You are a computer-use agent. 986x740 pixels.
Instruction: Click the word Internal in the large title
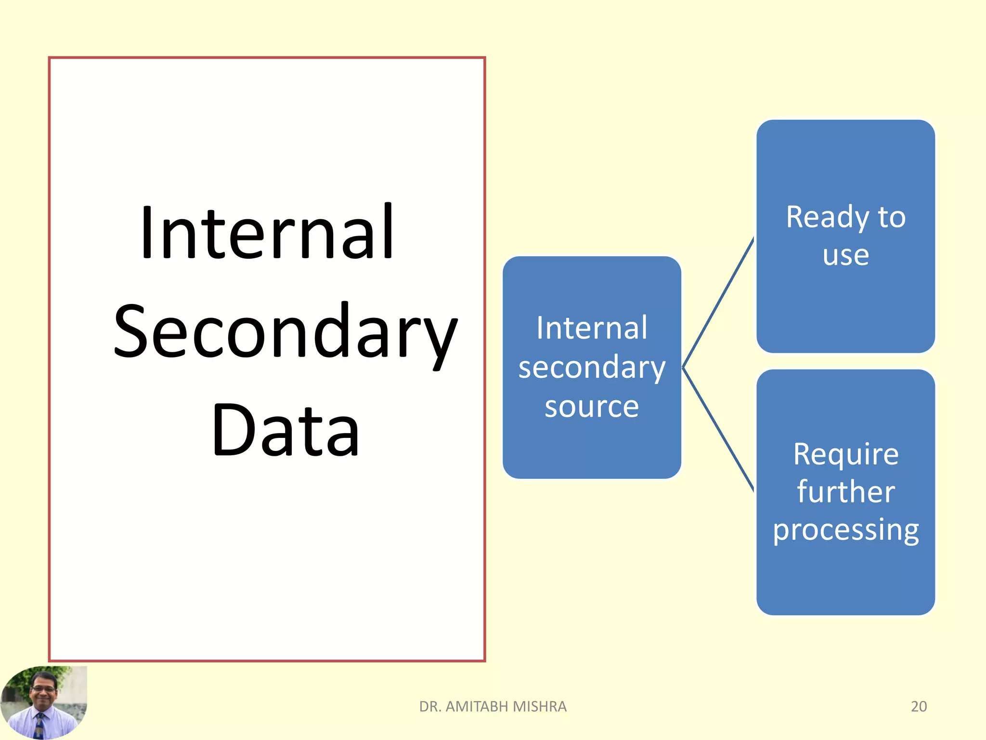coord(268,233)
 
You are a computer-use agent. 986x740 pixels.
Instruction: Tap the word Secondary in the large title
coord(285,332)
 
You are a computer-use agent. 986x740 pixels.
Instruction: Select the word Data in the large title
coord(286,430)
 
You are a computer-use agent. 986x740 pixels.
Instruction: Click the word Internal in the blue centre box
coord(592,328)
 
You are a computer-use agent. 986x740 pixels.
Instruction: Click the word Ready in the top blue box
coord(827,218)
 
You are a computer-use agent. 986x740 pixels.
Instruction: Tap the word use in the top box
coord(845,255)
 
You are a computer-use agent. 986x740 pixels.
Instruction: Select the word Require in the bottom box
coord(845,454)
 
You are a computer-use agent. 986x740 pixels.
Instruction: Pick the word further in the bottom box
coord(845,492)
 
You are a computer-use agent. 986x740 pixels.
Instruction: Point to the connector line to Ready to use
coord(718,303)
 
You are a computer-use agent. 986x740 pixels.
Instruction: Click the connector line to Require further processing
coord(718,429)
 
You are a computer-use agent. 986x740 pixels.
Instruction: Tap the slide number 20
coord(919,706)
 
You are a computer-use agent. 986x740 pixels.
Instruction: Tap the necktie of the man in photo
coord(39,725)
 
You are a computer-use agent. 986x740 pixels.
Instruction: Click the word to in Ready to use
coord(891,218)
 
